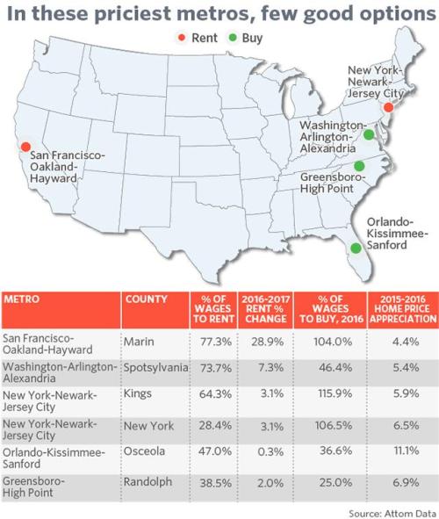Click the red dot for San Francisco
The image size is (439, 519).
tap(25, 147)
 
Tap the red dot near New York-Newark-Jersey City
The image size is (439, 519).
tap(388, 107)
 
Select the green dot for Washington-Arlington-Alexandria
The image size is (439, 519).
tap(369, 134)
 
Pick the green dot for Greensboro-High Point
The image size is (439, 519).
tap(359, 165)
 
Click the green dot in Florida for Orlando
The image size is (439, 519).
tap(356, 248)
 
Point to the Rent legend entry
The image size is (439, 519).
tap(198, 38)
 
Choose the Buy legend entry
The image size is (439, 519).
tap(246, 38)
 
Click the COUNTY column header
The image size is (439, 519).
tap(147, 299)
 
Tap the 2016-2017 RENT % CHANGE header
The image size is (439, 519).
tap(266, 309)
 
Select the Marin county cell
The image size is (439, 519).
tap(139, 342)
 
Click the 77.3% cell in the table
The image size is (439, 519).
tap(215, 342)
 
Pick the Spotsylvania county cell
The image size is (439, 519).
tap(155, 367)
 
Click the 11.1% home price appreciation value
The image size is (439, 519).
tap(407, 451)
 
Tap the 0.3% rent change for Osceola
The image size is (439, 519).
tap(270, 451)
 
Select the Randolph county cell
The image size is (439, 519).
tap(148, 482)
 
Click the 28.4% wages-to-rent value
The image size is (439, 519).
tap(215, 425)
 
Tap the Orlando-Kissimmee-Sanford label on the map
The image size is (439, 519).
tap(398, 234)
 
